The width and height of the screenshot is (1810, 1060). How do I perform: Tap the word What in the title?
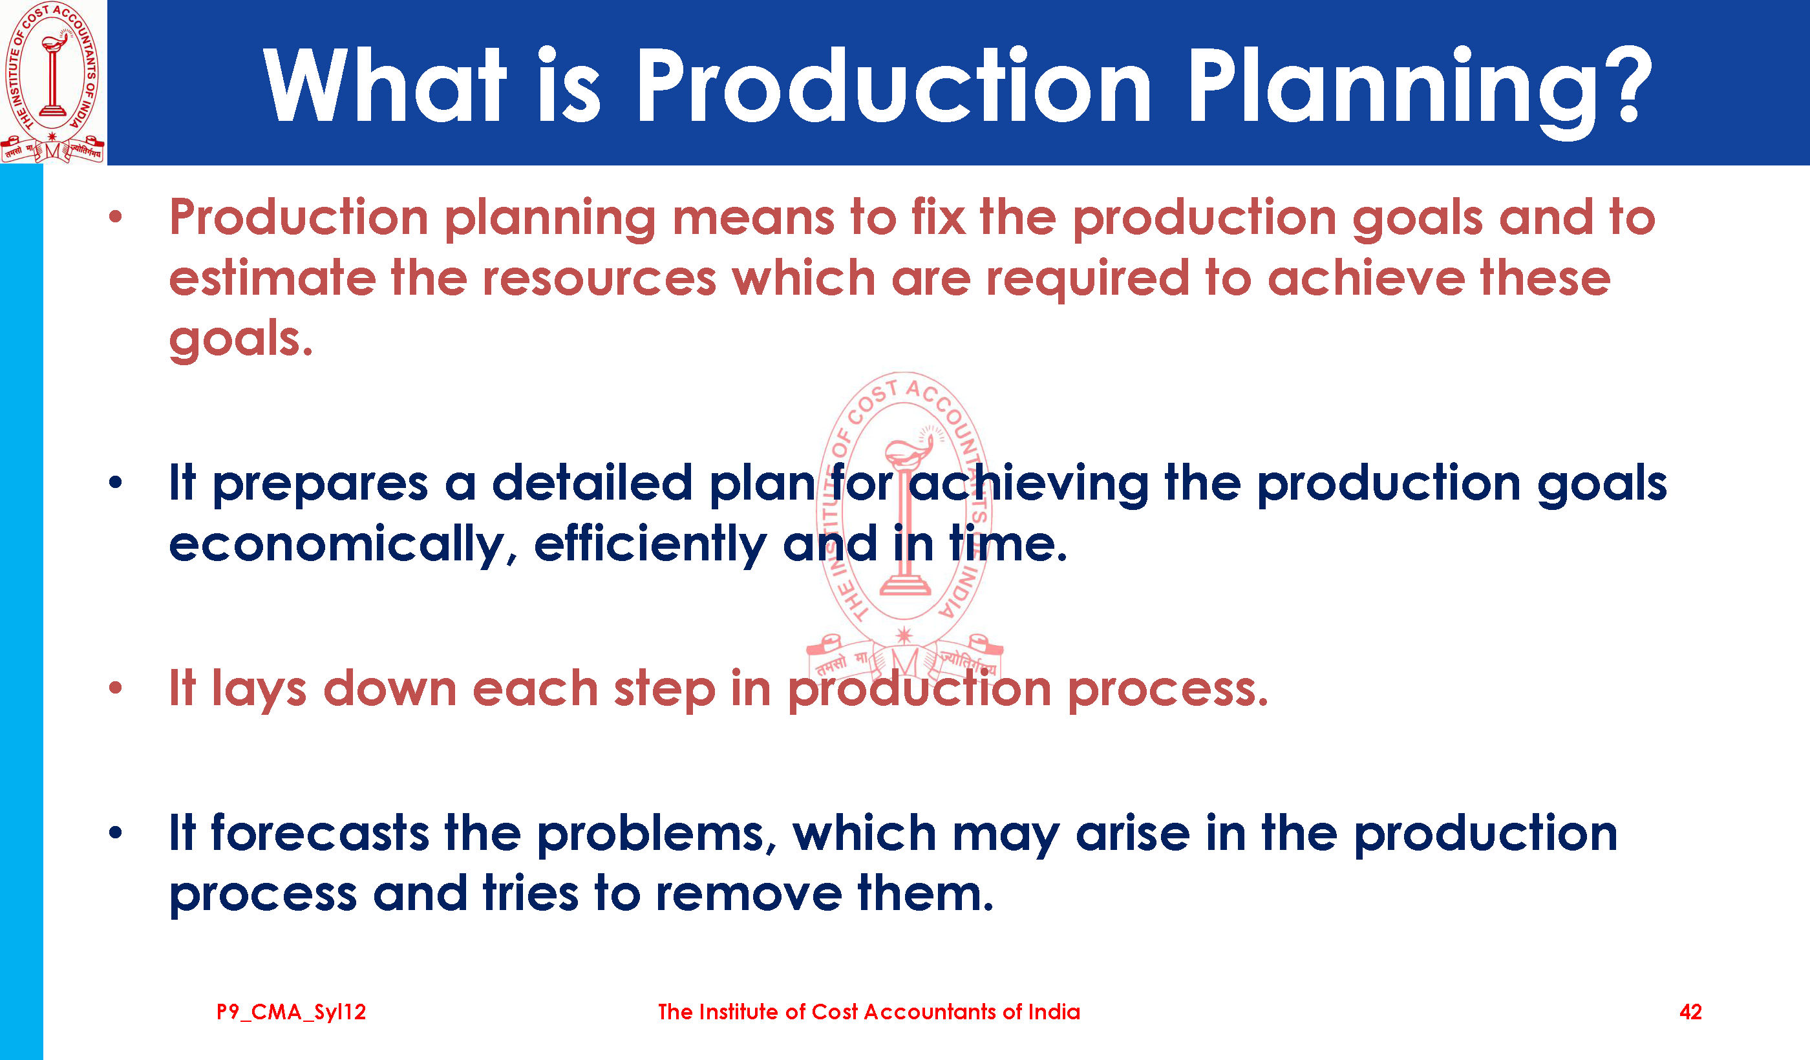coord(384,85)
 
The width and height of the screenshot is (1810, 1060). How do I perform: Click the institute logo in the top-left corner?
coord(53,82)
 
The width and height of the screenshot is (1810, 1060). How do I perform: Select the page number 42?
coord(1690,1012)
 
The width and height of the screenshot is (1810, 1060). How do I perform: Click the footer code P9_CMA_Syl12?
coord(291,1013)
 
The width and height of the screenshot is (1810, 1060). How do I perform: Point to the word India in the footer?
coord(1054,1012)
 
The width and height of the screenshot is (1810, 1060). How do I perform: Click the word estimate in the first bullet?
coord(272,278)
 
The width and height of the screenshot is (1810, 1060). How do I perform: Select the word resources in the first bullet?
coord(599,279)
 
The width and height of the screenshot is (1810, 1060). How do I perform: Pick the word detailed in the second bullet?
coord(593,483)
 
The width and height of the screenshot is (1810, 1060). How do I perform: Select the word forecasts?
coord(321,833)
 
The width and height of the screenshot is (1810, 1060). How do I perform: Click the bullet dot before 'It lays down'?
coord(116,688)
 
